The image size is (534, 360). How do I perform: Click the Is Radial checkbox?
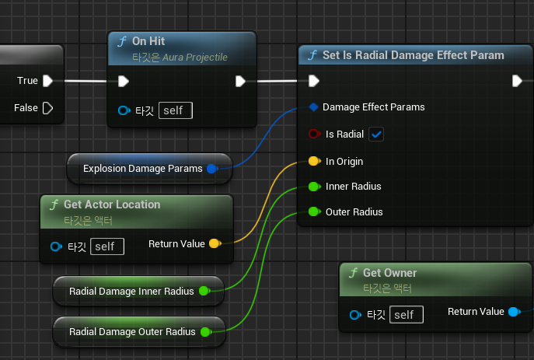click(x=377, y=135)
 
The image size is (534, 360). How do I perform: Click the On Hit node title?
click(x=148, y=41)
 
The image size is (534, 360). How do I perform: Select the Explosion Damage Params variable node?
click(x=143, y=168)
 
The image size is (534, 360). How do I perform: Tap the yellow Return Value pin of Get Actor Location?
click(x=214, y=244)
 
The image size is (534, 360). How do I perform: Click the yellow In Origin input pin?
click(x=313, y=162)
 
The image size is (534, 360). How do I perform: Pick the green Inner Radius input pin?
click(x=313, y=187)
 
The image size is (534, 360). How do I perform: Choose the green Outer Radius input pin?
click(x=313, y=211)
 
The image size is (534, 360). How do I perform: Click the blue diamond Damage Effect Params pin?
click(x=313, y=107)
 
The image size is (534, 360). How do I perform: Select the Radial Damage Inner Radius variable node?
click(x=131, y=292)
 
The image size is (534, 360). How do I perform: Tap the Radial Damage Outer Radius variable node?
click(x=132, y=332)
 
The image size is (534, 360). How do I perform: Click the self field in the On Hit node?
click(x=175, y=110)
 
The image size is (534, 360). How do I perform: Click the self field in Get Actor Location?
click(x=106, y=246)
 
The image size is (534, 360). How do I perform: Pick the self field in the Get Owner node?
click(x=407, y=314)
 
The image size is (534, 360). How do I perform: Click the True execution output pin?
click(x=48, y=81)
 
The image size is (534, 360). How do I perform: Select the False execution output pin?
click(x=48, y=108)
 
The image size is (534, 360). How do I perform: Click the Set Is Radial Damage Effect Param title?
click(x=413, y=55)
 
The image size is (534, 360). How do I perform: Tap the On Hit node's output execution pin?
click(x=240, y=81)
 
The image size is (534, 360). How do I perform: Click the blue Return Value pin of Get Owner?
click(x=513, y=312)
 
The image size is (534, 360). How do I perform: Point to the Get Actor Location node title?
click(x=112, y=204)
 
